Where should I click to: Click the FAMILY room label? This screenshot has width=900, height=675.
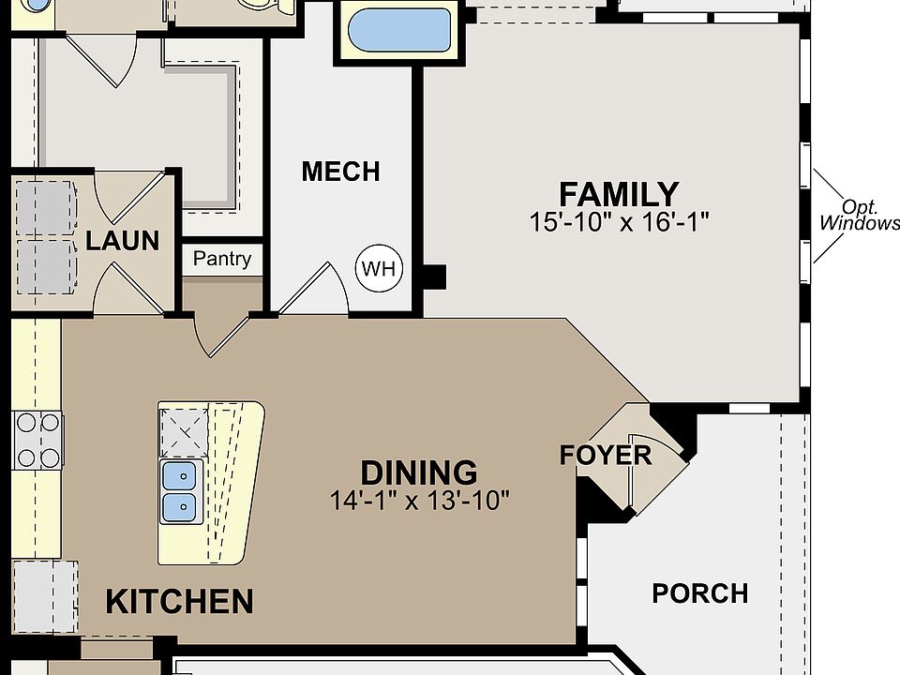click(619, 194)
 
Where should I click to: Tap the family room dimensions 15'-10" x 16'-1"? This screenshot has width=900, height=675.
click(619, 221)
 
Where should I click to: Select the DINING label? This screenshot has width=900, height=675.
click(419, 472)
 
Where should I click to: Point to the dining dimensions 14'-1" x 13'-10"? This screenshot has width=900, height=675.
click(419, 500)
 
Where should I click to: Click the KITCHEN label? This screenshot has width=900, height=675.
click(179, 602)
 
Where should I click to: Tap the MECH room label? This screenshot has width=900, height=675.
click(341, 171)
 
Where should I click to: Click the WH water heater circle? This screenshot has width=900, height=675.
click(379, 268)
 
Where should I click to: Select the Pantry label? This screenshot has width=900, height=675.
click(222, 259)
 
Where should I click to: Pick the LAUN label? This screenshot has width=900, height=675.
click(122, 241)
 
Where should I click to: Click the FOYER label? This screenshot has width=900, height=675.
click(606, 456)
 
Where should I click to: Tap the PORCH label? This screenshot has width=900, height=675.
click(699, 593)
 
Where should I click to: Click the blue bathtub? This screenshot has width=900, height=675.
click(399, 30)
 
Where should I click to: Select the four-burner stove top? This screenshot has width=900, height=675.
click(37, 441)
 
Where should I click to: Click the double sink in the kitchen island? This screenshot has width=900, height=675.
click(180, 491)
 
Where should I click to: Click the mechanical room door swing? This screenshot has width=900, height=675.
click(313, 289)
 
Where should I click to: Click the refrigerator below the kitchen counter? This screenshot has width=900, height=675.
click(45, 597)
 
